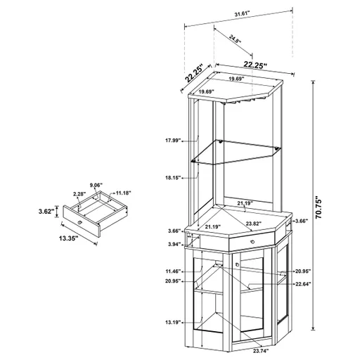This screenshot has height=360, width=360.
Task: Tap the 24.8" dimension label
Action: point(236,41)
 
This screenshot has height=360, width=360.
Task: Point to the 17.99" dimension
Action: point(174,141)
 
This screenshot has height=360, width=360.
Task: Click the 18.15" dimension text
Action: point(174,179)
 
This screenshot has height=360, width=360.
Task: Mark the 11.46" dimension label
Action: point(174,271)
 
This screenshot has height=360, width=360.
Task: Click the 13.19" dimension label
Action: point(174,322)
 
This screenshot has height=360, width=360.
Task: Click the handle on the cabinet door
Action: point(237,264)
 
